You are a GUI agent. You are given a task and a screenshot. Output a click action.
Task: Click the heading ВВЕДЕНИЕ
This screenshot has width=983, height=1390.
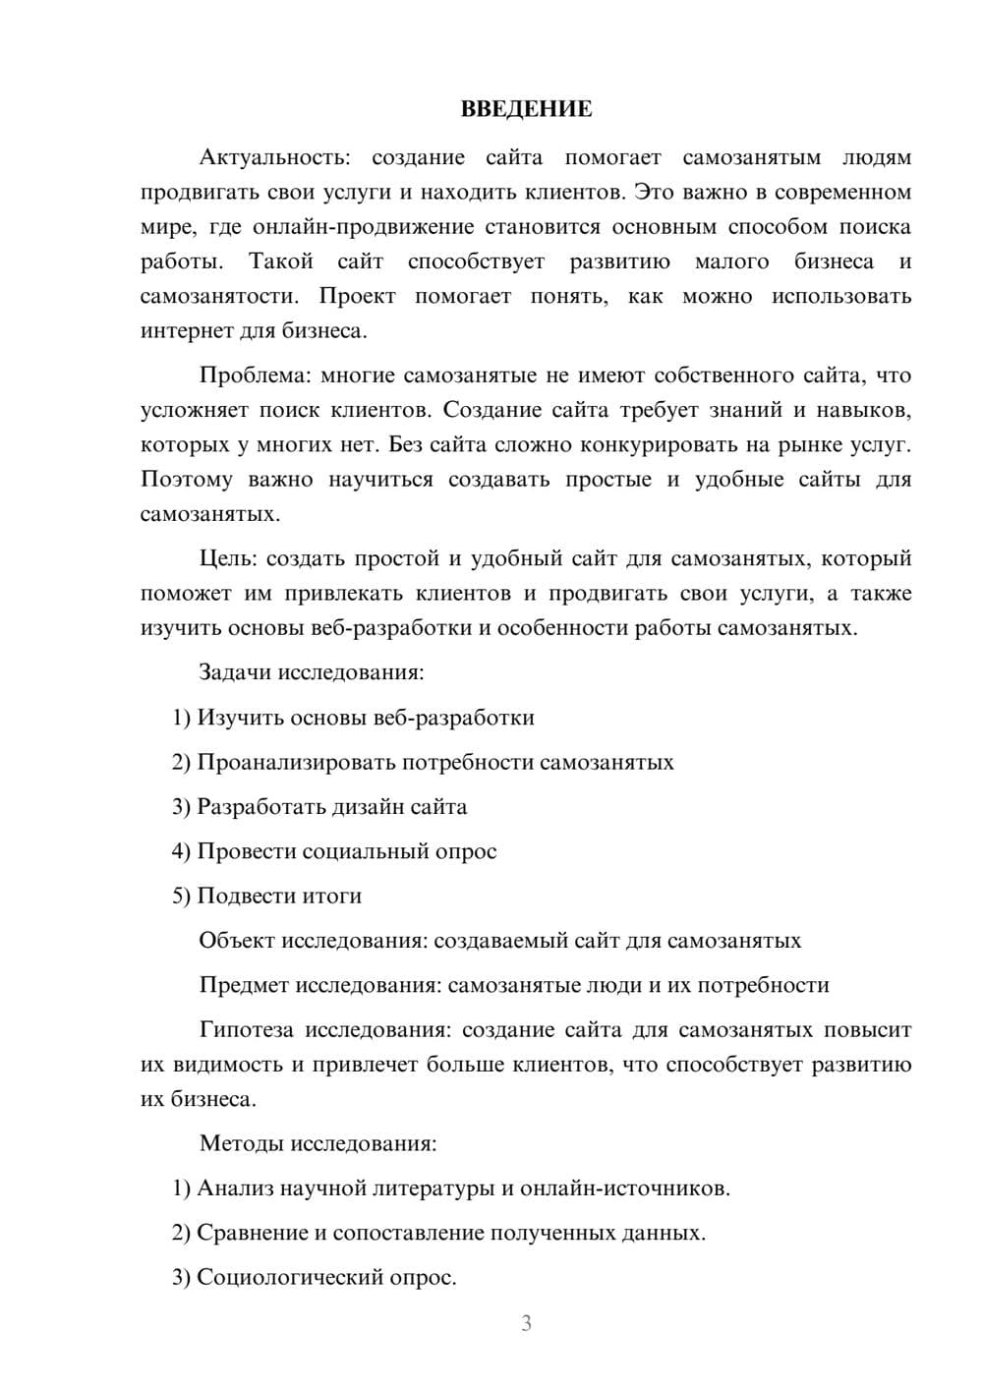(x=526, y=109)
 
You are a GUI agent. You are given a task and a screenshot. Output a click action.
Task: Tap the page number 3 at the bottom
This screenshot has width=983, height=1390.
(x=526, y=1323)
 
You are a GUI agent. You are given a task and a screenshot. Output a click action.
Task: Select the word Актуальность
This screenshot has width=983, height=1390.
(x=270, y=157)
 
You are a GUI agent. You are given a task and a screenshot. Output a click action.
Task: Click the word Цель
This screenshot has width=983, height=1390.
(x=228, y=558)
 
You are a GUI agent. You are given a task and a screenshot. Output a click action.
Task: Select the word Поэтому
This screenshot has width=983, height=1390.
(x=187, y=480)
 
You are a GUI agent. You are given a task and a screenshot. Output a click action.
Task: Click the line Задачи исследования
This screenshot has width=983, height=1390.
(x=312, y=672)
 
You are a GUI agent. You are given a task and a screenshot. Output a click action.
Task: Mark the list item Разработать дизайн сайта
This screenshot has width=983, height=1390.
(x=319, y=807)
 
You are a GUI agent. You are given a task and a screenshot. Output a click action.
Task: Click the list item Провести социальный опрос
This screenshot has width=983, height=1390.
(x=334, y=851)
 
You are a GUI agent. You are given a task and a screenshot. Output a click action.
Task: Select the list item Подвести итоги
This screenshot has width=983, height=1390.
(x=266, y=896)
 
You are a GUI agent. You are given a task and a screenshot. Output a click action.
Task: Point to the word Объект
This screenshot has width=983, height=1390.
(x=237, y=941)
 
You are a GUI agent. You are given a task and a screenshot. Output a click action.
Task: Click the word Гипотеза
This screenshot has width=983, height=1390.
(x=246, y=1030)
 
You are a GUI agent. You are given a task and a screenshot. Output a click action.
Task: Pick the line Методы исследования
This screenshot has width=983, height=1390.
(x=318, y=1143)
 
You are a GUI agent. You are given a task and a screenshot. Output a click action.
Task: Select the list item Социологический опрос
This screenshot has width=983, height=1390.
(x=315, y=1277)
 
